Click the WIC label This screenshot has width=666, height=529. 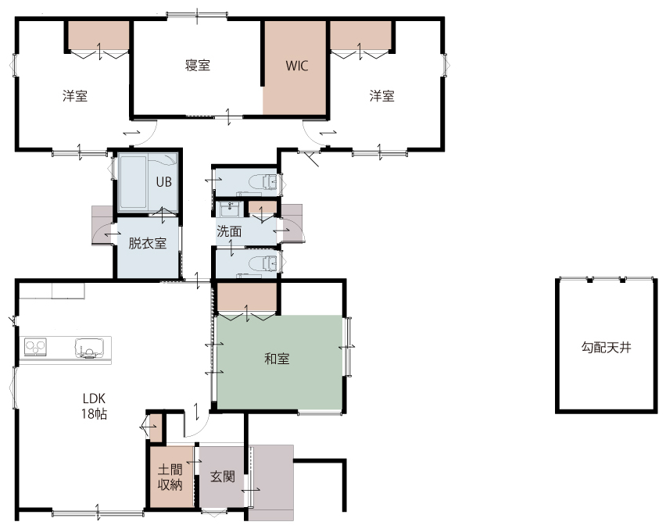[296, 66]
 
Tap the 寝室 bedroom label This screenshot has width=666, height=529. [198, 66]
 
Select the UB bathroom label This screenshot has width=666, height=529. [164, 182]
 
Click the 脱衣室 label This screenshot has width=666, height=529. [148, 243]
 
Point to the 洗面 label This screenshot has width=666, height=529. [229, 231]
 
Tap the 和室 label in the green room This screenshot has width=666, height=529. [277, 359]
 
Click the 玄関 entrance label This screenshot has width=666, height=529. [223, 477]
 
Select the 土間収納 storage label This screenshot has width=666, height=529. [170, 477]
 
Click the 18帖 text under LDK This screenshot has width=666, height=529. [95, 413]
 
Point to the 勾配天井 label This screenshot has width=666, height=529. [606, 348]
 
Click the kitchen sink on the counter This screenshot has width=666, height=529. [90, 348]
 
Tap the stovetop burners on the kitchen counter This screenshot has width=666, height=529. [35, 347]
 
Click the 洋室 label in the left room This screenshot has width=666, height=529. [75, 96]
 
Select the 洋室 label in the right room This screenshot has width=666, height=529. [381, 96]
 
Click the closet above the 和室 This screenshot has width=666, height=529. [247, 298]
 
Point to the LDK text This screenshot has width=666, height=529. [94, 399]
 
